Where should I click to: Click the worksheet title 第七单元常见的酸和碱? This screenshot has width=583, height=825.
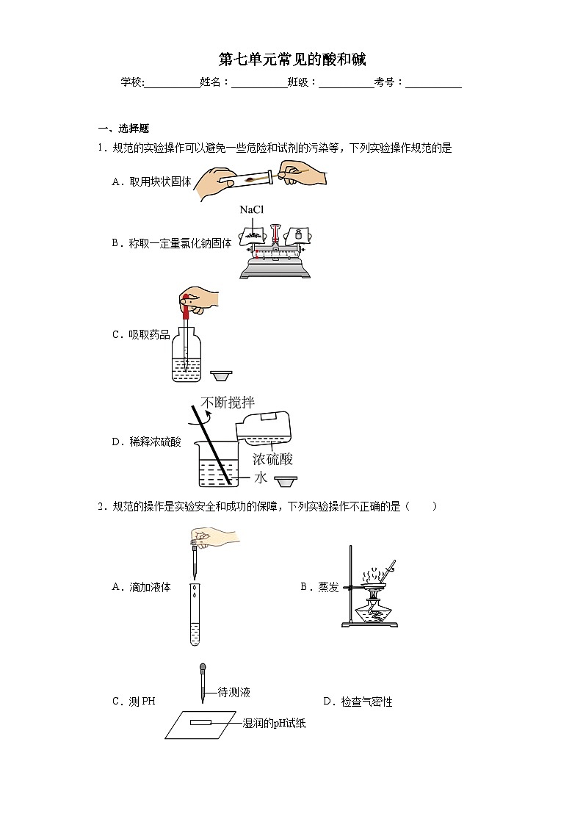pos(291,60)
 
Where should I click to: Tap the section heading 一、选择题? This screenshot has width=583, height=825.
pos(123,129)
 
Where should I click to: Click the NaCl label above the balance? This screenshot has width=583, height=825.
pos(251,210)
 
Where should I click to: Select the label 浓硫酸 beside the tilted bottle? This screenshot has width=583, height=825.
pos(272,459)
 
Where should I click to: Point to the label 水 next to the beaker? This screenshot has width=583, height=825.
pos(261,478)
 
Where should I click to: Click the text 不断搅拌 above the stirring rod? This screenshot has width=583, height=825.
pos(228,403)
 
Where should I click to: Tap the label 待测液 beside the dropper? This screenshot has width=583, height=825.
pos(234,692)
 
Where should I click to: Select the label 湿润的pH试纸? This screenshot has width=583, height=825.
pos(274,724)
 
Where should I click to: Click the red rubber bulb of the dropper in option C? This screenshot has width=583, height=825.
pos(186,307)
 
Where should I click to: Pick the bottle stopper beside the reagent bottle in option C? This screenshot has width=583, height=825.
pos(221,375)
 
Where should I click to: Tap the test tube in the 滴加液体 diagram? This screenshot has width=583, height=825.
pos(195,614)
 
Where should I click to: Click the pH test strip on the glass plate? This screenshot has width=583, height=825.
pos(200,723)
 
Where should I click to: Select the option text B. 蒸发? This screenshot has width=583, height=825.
pos(319,587)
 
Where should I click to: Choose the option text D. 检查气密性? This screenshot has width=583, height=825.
pos(358,702)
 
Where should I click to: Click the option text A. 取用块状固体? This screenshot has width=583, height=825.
pos(151,182)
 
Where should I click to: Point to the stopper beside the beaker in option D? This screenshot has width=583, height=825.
pos(286,481)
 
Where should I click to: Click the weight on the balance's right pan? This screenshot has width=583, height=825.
pos(297,235)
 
